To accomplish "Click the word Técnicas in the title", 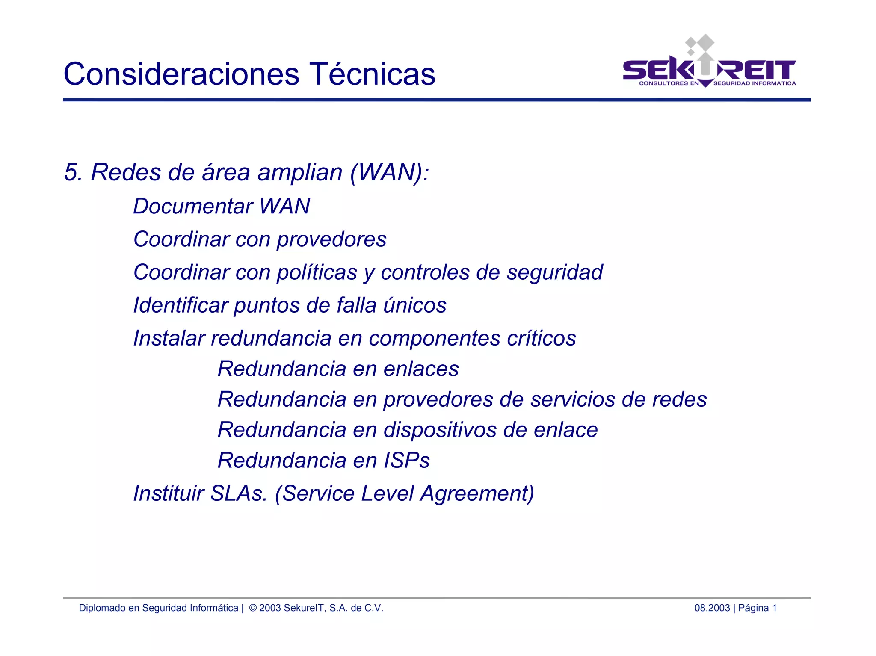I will point(372,74).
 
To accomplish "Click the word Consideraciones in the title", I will point(181,74).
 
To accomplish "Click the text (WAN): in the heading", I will point(389,172).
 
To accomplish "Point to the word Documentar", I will point(193,206).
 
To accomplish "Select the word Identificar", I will point(180,305).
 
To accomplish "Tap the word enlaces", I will point(421,369).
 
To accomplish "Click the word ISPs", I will point(406,461).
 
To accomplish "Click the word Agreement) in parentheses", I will point(477,493).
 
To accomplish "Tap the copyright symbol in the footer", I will point(253,608).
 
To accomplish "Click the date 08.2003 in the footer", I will point(712,608).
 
